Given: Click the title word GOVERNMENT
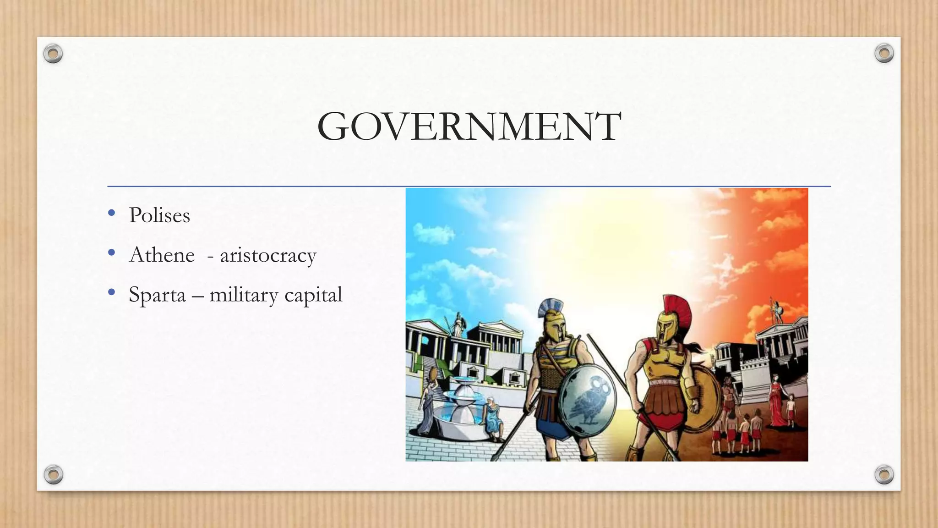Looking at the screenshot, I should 469,127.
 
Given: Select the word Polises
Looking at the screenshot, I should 159,215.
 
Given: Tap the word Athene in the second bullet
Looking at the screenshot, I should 162,255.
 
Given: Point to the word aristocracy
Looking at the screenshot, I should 268,256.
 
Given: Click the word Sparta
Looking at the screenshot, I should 157,295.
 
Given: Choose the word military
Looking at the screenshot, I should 244,296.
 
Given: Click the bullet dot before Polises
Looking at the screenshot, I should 111,213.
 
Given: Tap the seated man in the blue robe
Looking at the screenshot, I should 494,417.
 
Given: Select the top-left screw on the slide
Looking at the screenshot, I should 53,54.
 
